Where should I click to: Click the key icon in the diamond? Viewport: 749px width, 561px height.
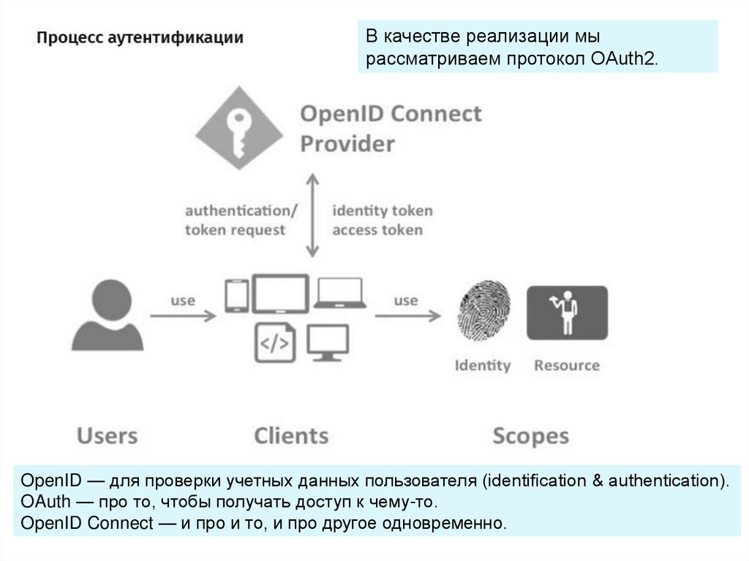(x=239, y=129)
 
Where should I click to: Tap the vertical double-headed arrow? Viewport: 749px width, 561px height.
(x=312, y=216)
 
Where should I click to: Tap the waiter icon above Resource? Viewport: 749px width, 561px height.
(x=567, y=312)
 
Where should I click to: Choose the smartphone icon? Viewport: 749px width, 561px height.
(x=236, y=295)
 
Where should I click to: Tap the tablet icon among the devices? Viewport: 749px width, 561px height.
(x=280, y=294)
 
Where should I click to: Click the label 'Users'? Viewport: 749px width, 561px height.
(x=107, y=436)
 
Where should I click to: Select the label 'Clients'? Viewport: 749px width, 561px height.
(x=291, y=436)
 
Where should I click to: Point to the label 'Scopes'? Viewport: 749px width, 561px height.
(x=530, y=437)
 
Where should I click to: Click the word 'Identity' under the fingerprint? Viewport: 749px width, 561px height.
(x=482, y=365)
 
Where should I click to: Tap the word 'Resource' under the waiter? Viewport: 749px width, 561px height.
(x=566, y=365)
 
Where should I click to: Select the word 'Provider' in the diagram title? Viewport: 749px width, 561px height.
(x=347, y=143)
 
